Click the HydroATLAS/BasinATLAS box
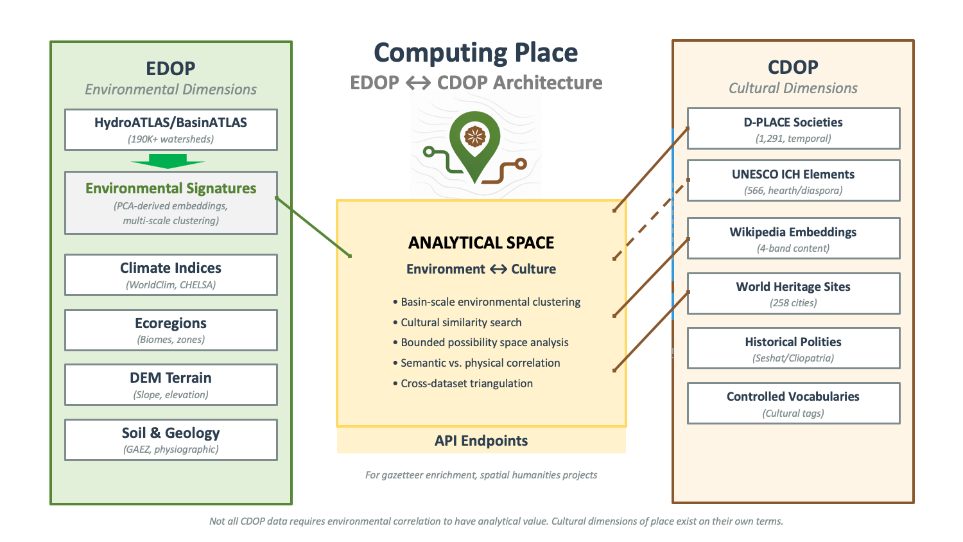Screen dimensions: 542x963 (x=171, y=130)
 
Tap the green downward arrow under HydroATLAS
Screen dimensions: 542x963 (x=168, y=161)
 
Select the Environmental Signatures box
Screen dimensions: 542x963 (x=171, y=203)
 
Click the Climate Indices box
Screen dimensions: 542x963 (x=171, y=275)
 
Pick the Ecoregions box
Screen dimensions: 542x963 (x=171, y=330)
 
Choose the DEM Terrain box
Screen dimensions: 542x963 (x=171, y=385)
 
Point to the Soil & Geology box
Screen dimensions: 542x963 (x=171, y=440)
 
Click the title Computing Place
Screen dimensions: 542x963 (x=476, y=53)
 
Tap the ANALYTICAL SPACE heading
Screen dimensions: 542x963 (x=481, y=243)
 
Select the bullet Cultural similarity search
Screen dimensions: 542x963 (x=461, y=322)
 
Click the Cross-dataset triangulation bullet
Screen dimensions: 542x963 (x=467, y=383)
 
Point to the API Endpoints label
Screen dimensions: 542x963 (x=481, y=441)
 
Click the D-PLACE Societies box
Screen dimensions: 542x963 (x=794, y=128)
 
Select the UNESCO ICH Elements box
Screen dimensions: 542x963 (x=794, y=180)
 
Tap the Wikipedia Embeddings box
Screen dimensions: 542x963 (x=794, y=238)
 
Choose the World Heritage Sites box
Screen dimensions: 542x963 (x=794, y=293)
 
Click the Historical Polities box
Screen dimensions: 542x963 (x=794, y=348)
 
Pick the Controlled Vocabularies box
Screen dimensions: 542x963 (x=794, y=403)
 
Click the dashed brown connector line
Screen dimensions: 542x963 (x=650, y=220)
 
